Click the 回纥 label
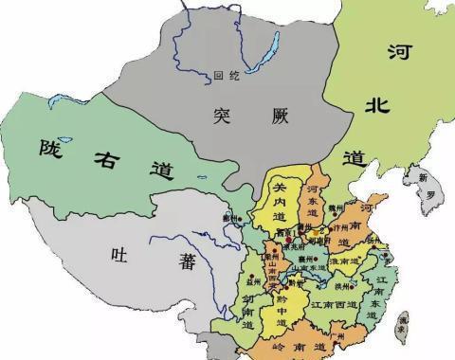(223, 74)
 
